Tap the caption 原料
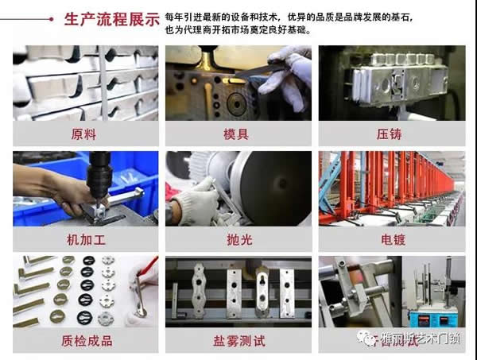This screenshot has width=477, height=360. coord(85,133)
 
